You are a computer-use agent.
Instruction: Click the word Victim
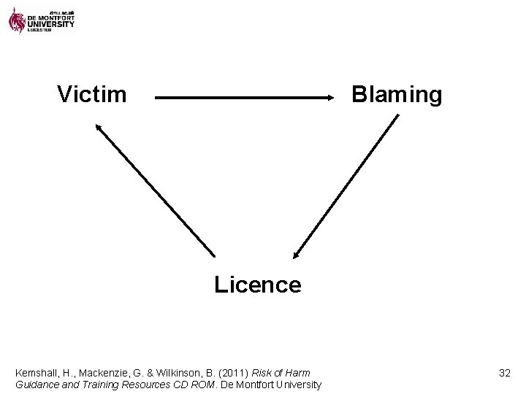pyautogui.click(x=92, y=94)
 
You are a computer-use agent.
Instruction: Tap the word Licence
pyautogui.click(x=257, y=285)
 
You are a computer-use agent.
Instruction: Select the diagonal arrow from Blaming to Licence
pyautogui.click(x=346, y=187)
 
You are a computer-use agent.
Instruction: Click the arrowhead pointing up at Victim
pyautogui.click(x=96, y=127)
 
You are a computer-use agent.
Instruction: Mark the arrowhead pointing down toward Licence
pyautogui.click(x=295, y=254)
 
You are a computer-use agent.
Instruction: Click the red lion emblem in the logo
pyautogui.click(x=17, y=19)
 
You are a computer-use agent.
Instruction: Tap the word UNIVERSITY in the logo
pyautogui.click(x=50, y=24)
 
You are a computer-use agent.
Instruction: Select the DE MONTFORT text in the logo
pyautogui.click(x=50, y=17)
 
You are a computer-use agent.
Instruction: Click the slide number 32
pyautogui.click(x=504, y=373)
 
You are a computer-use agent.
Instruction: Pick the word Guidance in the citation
pyautogui.click(x=37, y=385)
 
